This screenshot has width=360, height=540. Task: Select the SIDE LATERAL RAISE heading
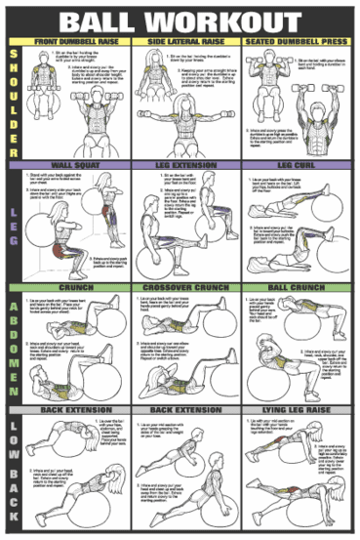(185, 43)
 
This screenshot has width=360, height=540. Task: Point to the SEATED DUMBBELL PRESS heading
(298, 43)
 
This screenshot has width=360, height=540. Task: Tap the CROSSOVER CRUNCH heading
(185, 288)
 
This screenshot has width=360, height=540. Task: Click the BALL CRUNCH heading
(298, 288)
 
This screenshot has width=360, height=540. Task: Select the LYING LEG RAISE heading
(298, 412)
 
